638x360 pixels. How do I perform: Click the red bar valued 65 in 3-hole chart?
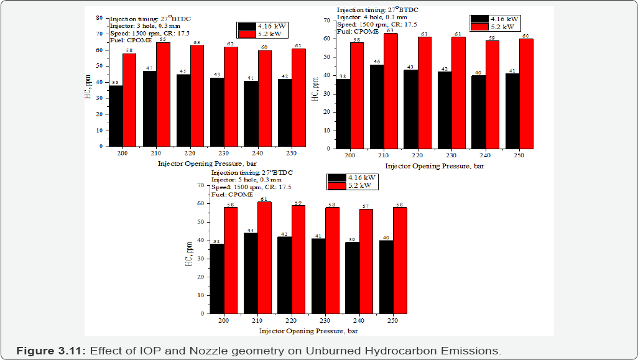163,95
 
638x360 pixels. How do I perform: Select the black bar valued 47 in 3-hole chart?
149,109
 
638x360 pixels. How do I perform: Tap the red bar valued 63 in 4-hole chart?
391,91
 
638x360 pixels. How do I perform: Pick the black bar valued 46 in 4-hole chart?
377,106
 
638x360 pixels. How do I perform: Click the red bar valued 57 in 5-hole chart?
366,262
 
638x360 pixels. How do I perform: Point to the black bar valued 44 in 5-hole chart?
251,274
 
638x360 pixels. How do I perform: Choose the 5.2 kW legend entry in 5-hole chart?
353,185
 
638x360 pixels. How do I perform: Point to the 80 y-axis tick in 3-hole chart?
99,18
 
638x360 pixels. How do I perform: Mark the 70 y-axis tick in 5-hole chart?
200,185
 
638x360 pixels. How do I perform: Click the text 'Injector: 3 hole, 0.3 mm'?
148,25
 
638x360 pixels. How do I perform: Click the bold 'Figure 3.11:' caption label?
50,351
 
